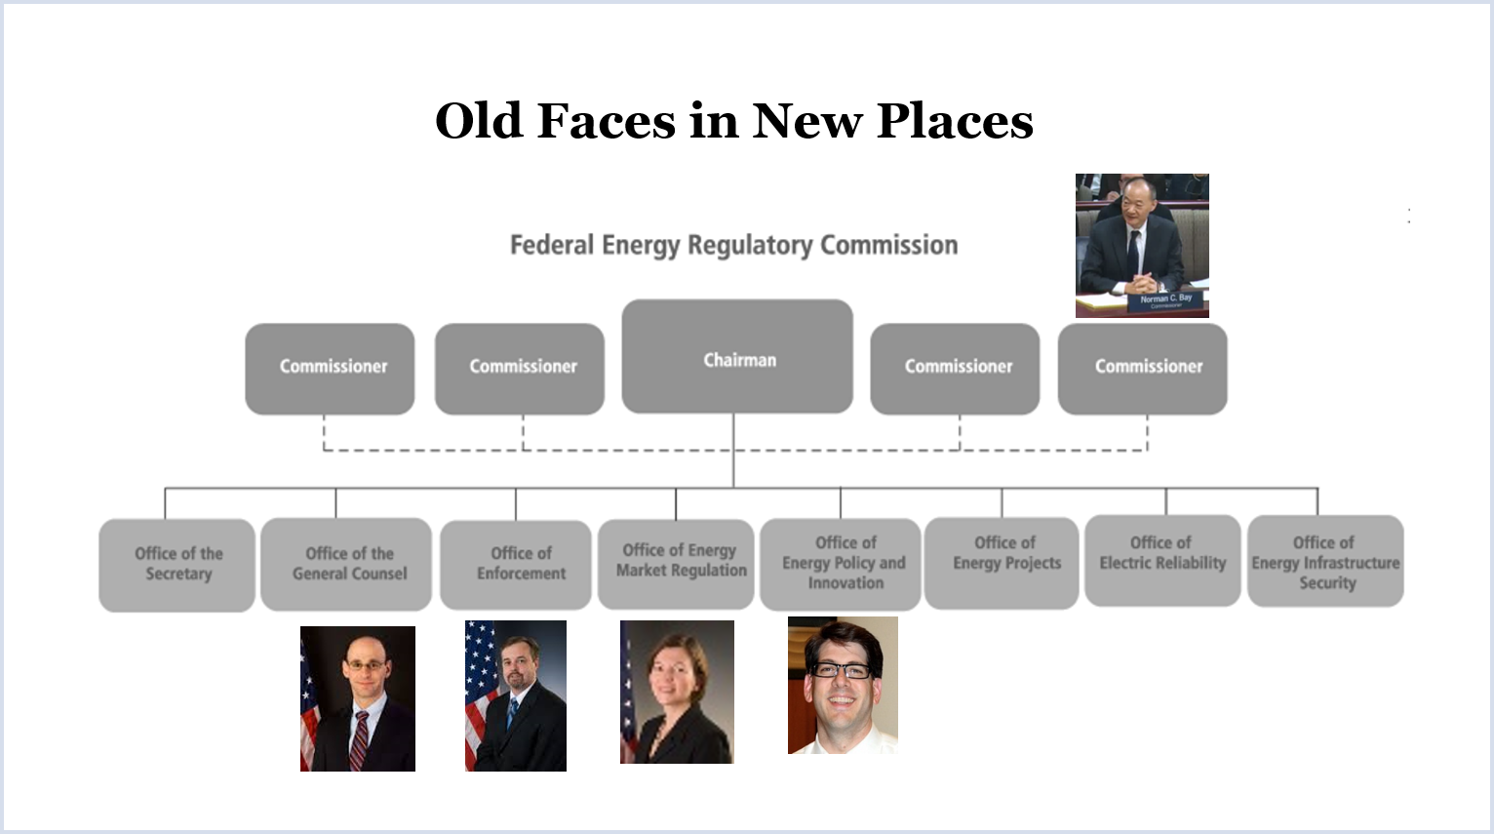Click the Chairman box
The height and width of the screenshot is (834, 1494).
click(737, 356)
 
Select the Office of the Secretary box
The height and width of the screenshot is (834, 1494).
click(177, 565)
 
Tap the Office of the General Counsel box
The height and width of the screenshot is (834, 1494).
click(346, 565)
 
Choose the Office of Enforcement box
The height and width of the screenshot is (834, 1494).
click(516, 565)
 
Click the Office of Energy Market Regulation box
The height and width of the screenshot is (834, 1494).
click(677, 564)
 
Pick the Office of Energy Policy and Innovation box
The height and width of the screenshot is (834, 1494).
click(841, 565)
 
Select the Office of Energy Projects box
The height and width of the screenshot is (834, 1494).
click(1002, 563)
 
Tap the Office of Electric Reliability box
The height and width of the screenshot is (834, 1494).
click(1162, 561)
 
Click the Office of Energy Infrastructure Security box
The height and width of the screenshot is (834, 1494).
click(1325, 561)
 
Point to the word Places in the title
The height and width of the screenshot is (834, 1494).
click(955, 121)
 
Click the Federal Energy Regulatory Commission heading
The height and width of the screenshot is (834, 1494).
click(733, 246)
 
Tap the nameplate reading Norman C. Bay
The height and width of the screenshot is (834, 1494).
click(1166, 300)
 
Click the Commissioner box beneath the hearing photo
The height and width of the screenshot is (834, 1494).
click(1143, 369)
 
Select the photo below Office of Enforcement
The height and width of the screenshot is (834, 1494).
click(516, 695)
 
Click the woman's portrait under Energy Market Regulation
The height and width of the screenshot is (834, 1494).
click(677, 692)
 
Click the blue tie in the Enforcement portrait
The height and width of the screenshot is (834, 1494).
click(512, 713)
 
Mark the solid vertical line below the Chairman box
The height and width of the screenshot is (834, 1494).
click(733, 451)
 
